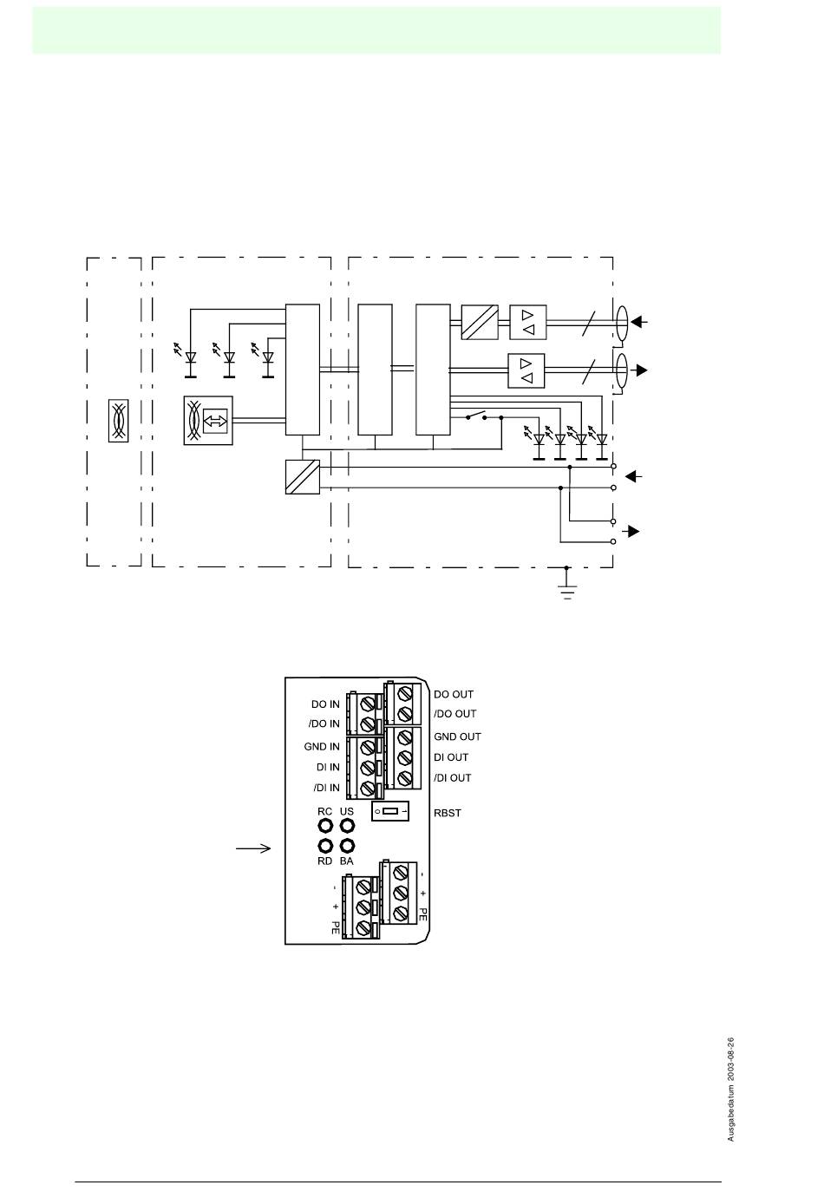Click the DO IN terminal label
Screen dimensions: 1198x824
pos(325,704)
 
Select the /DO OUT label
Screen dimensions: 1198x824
pos(455,714)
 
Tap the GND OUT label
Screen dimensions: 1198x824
pos(457,736)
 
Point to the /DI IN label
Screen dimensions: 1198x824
pos(325,788)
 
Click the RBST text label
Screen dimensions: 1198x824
pos(447,813)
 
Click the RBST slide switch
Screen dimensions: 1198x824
pos(390,812)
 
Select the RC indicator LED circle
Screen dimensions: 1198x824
pos(325,825)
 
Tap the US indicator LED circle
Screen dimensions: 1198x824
pos(347,825)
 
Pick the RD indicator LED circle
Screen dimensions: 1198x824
pos(325,846)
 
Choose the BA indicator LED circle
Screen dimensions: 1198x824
pos(347,846)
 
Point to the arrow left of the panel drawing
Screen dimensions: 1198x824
pos(253,848)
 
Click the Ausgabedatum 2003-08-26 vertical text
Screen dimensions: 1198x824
pos(731,1089)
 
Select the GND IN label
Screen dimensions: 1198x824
pos(322,746)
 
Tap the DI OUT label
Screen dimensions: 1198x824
pos(451,757)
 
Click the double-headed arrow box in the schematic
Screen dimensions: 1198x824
pos(217,421)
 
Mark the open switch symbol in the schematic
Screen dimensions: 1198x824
pos(476,416)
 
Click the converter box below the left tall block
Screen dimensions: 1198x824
pos(303,477)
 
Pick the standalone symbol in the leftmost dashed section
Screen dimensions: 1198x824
pos(119,421)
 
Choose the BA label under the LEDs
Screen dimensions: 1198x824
pos(346,861)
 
